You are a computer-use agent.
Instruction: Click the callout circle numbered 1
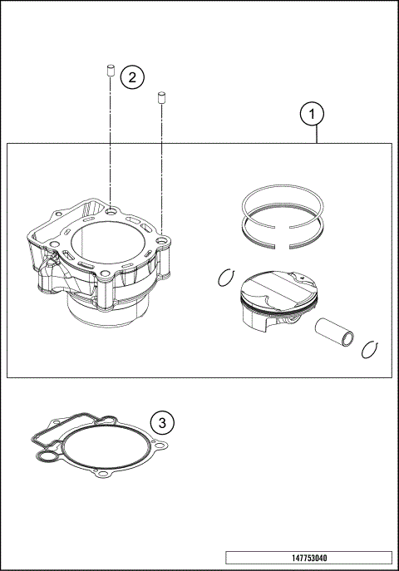coord(312,114)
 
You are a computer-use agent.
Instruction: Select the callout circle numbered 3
coord(163,422)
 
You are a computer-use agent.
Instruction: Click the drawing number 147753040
coord(308,558)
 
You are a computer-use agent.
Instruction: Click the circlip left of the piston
coord(226,278)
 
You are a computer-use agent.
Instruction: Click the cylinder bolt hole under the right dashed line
coord(162,242)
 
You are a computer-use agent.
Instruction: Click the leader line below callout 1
coord(317,135)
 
